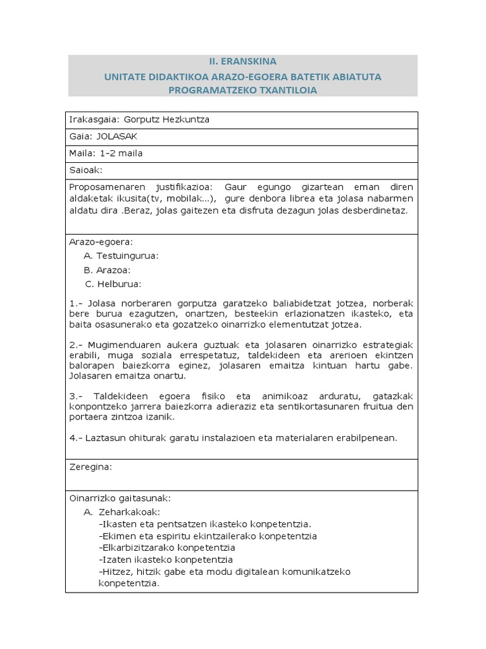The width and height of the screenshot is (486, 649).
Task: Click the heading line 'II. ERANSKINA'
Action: pyautogui.click(x=242, y=61)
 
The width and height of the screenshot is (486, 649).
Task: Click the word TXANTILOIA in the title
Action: pyautogui.click(x=283, y=90)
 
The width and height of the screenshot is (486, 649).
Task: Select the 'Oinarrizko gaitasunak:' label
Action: pyautogui.click(x=119, y=498)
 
